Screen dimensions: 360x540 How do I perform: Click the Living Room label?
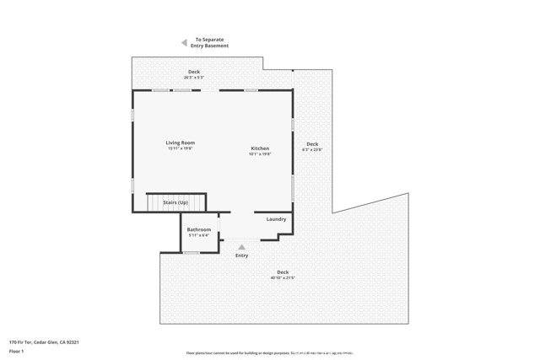[180, 142]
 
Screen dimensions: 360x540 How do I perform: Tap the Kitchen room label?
[259, 148]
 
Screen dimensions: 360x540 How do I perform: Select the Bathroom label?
[198, 229]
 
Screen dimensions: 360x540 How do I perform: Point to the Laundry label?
[276, 219]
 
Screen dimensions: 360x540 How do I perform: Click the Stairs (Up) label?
[175, 203]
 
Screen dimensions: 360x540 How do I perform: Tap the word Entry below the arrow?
[242, 255]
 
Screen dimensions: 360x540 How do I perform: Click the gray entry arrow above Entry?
[242, 247]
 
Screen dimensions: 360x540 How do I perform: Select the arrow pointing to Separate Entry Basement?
[183, 42]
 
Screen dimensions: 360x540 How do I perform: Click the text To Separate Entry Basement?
[212, 42]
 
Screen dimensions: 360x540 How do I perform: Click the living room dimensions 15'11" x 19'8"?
[180, 148]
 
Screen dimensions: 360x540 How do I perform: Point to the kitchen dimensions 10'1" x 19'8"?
[259, 154]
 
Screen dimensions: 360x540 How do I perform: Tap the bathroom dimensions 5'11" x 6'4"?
[198, 235]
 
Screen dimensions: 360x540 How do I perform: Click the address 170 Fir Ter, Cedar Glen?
[44, 342]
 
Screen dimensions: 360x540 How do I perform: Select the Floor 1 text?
[17, 351]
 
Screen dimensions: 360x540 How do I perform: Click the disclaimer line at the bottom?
[269, 352]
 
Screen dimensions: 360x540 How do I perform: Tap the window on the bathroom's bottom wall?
[192, 252]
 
